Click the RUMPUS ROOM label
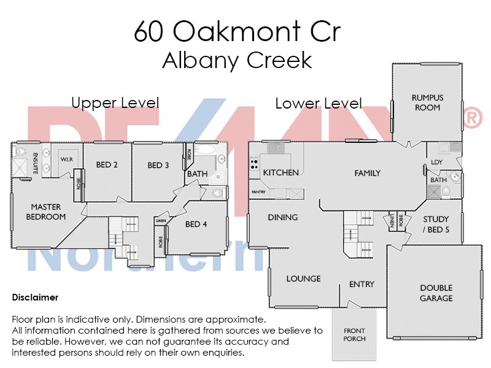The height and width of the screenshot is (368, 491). tap(427, 102)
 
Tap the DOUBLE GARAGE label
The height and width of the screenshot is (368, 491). tap(436, 293)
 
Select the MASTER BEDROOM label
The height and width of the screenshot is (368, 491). tap(48, 212)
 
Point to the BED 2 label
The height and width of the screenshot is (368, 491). tap(107, 165)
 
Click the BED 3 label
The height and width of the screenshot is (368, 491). tap(158, 165)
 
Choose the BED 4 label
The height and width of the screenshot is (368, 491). tap(196, 224)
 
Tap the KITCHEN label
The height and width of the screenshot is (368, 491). tap(281, 173)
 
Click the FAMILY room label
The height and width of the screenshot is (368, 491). tap(368, 174)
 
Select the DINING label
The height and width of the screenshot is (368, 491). tap(282, 217)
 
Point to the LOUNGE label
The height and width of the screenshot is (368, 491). tap(303, 278)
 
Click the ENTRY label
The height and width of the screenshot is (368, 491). tap(361, 284)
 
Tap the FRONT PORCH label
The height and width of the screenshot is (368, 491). tap(355, 335)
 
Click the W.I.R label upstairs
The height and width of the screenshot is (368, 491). tap(67, 159)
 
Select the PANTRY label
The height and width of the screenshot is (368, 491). tap(258, 193)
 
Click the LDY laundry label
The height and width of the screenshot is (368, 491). tap(437, 162)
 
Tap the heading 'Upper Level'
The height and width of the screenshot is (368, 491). tap(115, 102)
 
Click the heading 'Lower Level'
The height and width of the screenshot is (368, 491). tap(318, 104)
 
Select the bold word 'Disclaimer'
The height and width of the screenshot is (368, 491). tap(35, 297)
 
